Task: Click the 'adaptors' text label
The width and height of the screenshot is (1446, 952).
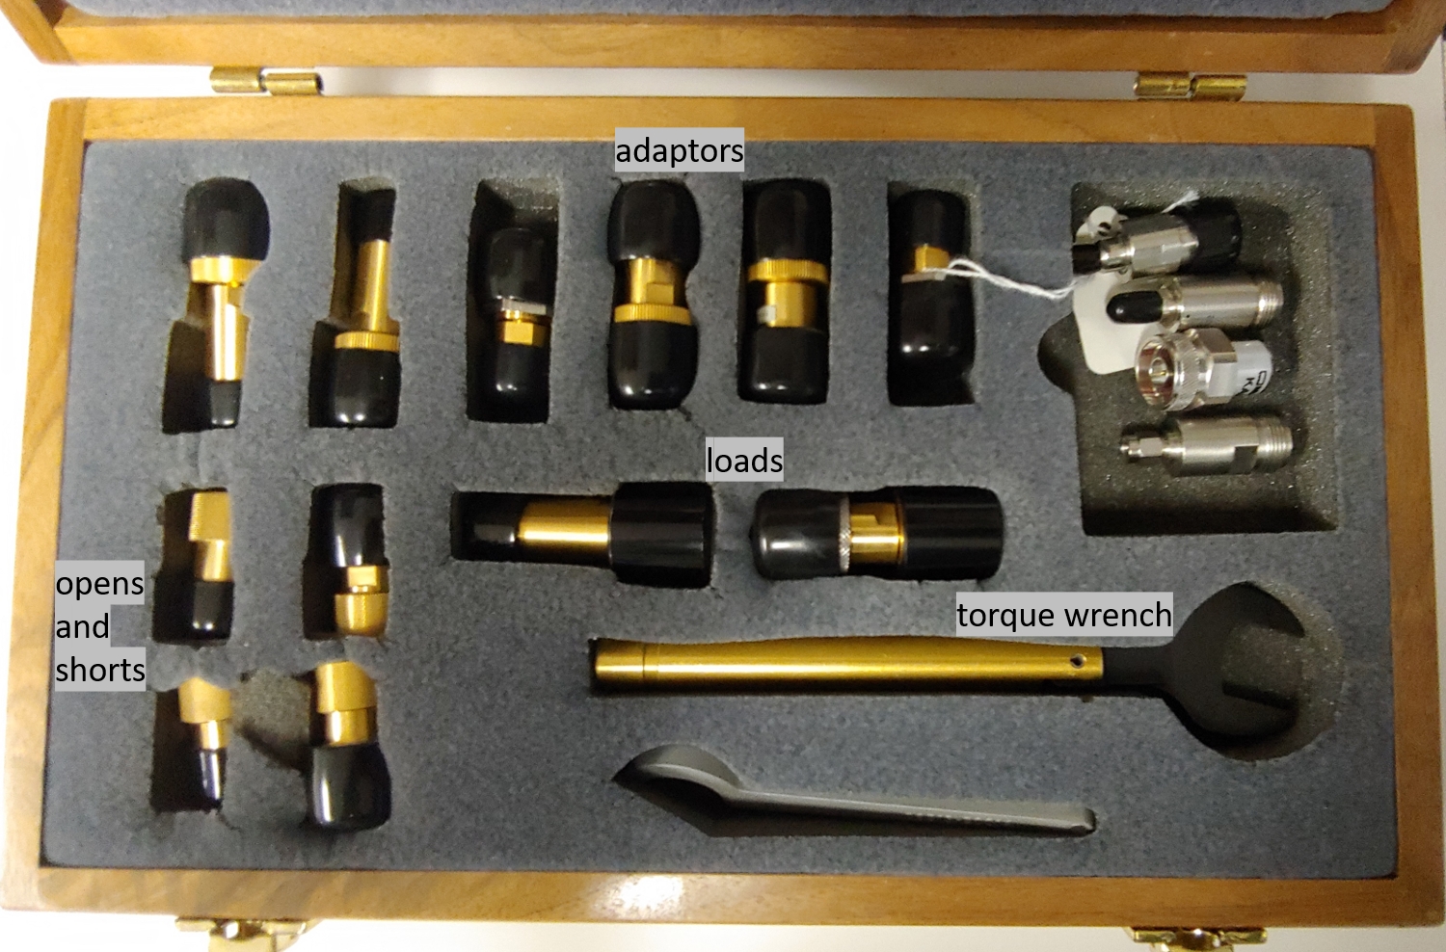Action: [679, 151]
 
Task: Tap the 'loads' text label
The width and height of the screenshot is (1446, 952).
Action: [744, 461]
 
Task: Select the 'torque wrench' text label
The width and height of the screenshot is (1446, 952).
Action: [1064, 615]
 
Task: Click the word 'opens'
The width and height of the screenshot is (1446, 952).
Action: [99, 585]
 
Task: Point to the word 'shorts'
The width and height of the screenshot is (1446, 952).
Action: [100, 670]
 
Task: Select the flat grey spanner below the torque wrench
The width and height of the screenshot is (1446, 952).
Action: [852, 795]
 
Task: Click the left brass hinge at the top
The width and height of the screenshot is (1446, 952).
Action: [265, 81]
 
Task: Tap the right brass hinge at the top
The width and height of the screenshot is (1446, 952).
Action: [1191, 87]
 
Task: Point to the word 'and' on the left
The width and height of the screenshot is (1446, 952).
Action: [83, 626]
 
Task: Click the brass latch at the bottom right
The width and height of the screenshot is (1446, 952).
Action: [1198, 939]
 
